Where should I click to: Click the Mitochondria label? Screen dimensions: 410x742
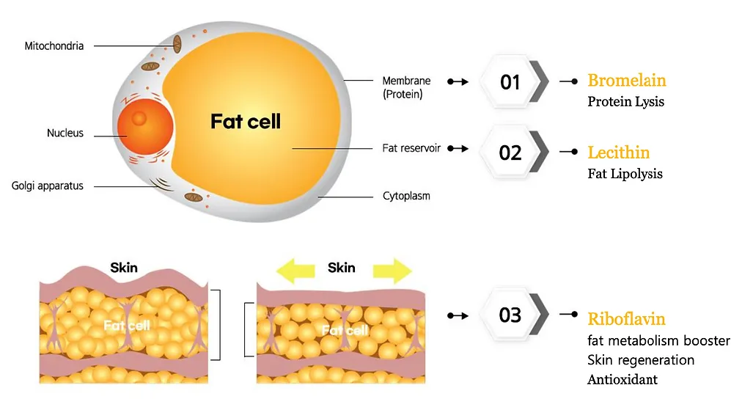[54, 46]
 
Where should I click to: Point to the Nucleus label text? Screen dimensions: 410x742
[65, 133]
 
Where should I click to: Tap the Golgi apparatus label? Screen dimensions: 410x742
[48, 186]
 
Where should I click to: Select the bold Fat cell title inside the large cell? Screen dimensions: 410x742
[246, 122]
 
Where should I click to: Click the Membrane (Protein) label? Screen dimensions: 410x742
[406, 87]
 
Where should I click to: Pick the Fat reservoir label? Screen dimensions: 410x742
[411, 148]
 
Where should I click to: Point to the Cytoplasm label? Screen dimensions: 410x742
[406, 197]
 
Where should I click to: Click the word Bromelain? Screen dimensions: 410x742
[627, 81]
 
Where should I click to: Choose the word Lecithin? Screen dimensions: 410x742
[619, 153]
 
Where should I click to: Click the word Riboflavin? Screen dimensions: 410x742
[626, 319]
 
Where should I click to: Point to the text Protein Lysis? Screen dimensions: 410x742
[625, 102]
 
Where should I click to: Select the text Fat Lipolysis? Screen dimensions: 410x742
[625, 174]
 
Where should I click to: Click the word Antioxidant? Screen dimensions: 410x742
[622, 380]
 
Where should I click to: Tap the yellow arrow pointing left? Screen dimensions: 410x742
[295, 270]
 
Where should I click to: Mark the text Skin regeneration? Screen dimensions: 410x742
[641, 360]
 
